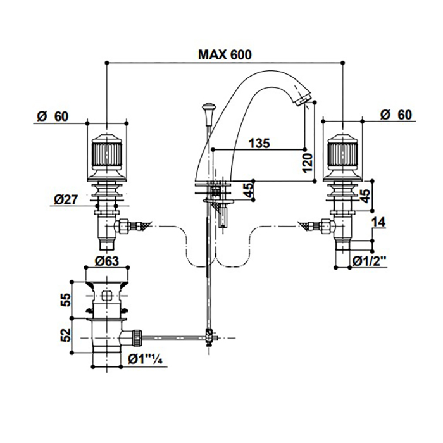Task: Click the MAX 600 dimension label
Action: click(225, 54)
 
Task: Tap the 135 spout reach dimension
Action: click(259, 143)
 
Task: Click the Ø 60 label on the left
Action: click(53, 115)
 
